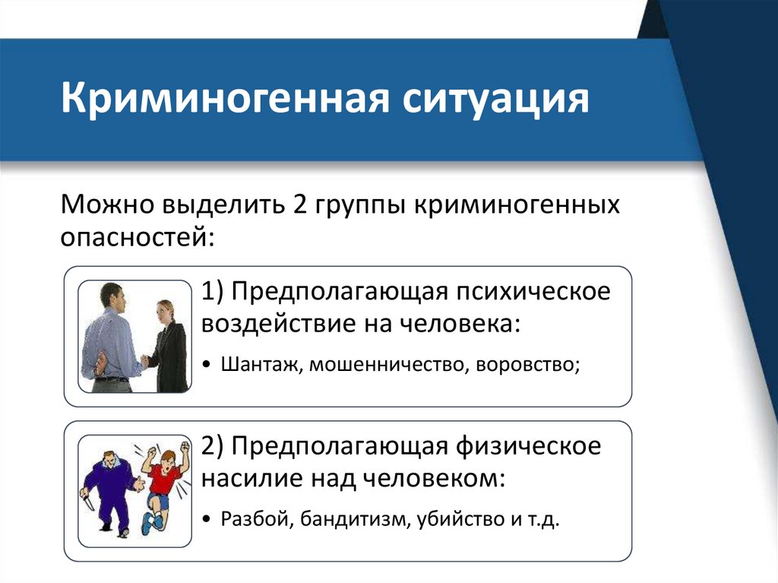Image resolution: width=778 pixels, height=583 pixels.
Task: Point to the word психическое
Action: tap(531, 292)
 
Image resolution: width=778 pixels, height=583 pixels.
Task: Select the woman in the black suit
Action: tap(167, 346)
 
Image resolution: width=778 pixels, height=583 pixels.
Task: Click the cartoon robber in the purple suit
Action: tap(112, 486)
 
